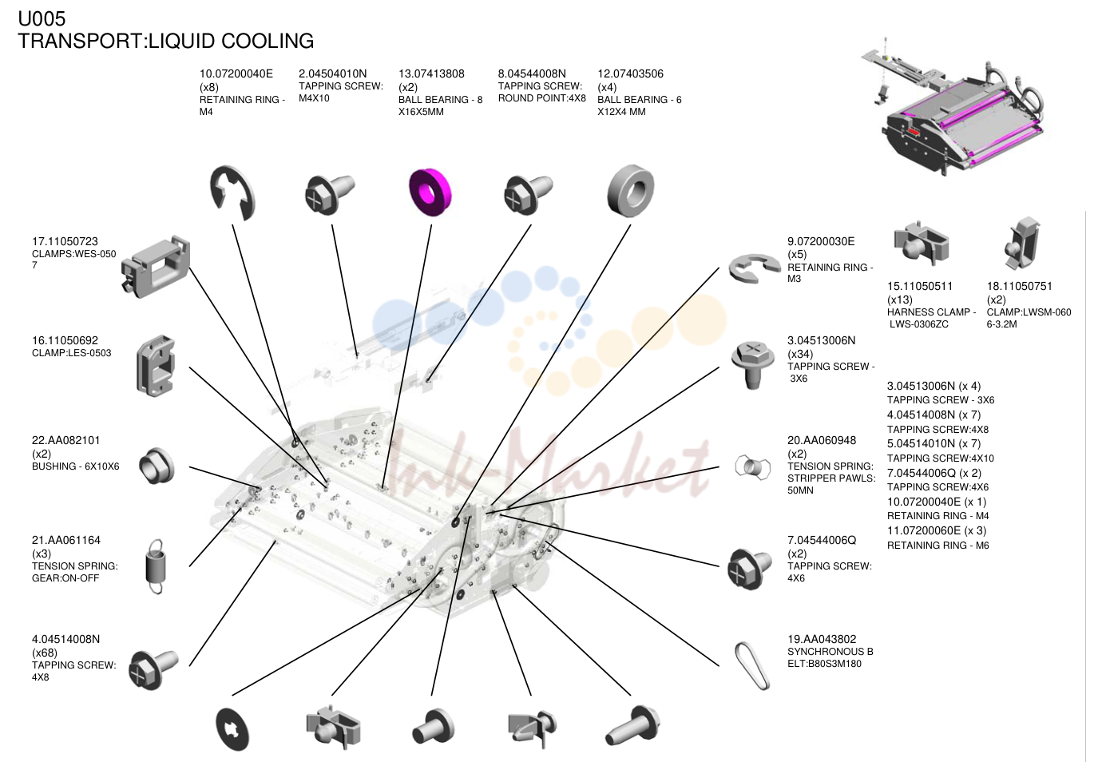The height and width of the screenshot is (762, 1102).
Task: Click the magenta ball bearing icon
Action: pyautogui.click(x=430, y=192)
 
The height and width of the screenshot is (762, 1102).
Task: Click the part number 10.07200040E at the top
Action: pyautogui.click(x=236, y=73)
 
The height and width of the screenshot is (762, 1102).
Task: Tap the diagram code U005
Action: pyautogui.click(x=42, y=18)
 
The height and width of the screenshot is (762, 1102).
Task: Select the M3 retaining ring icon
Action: pyautogui.click(x=754, y=268)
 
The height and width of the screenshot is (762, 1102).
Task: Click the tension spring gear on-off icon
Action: pyautogui.click(x=156, y=566)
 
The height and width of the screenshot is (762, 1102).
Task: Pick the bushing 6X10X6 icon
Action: pyautogui.click(x=157, y=466)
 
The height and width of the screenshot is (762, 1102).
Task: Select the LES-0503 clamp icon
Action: pyautogui.click(x=156, y=366)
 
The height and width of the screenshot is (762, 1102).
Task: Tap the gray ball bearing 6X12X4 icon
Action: pyautogui.click(x=631, y=192)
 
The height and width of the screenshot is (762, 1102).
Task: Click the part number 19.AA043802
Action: pyautogui.click(x=822, y=639)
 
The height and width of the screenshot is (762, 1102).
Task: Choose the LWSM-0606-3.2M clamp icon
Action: pyautogui.click(x=1022, y=243)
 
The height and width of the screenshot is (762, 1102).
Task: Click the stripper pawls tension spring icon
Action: pyautogui.click(x=752, y=466)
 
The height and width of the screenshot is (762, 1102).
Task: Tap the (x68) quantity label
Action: pyautogui.click(x=45, y=653)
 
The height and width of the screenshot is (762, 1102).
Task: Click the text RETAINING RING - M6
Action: pyautogui.click(x=937, y=545)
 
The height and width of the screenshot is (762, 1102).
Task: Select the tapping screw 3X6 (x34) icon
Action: pyautogui.click(x=752, y=364)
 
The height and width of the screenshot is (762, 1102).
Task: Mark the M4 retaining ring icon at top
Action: pyautogui.click(x=232, y=193)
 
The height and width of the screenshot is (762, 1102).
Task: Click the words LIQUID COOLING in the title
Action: pyautogui.click(x=232, y=41)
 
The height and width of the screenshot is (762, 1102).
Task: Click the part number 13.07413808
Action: pyautogui.click(x=431, y=73)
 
